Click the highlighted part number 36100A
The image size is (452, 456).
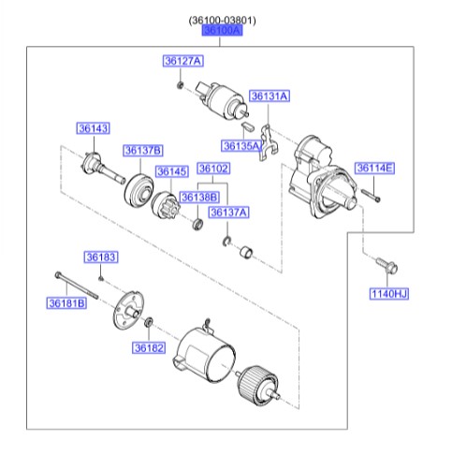(x=223, y=31)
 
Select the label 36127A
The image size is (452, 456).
(x=182, y=61)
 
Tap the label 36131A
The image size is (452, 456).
(x=269, y=96)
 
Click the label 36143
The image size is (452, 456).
(x=93, y=128)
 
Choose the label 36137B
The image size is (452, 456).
(x=143, y=150)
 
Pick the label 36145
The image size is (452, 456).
(x=172, y=171)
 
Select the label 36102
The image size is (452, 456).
(x=214, y=169)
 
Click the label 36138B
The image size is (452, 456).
(x=199, y=197)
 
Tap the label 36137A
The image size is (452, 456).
(x=229, y=213)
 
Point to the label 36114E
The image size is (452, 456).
(x=374, y=169)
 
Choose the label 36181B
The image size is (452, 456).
(x=66, y=302)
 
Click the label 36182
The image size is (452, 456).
(x=148, y=347)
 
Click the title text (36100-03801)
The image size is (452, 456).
(x=223, y=18)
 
